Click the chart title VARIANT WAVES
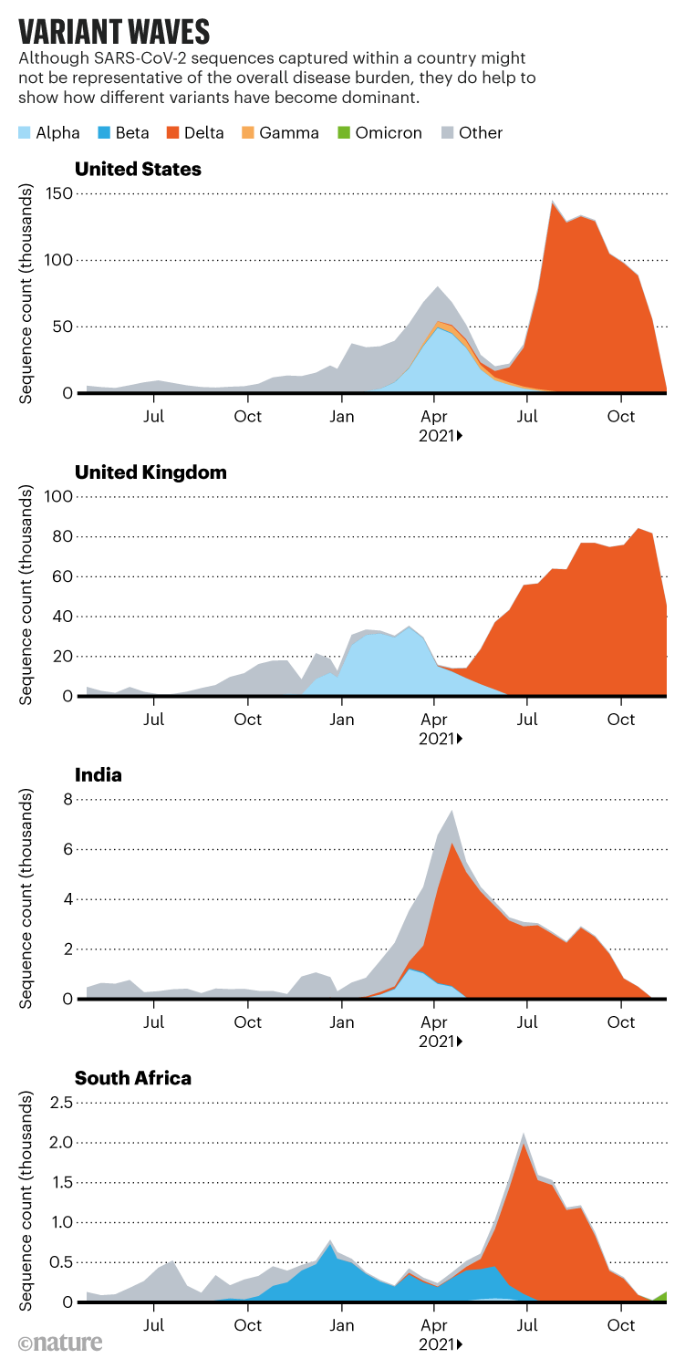(115, 32)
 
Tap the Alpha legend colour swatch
(24, 133)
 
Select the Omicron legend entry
(381, 133)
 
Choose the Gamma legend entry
(281, 133)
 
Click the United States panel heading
(138, 169)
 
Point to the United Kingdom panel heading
(150, 472)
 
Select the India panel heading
(99, 776)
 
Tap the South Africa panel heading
(133, 1079)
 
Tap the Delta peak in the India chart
(451, 844)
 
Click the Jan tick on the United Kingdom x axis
(341, 721)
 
